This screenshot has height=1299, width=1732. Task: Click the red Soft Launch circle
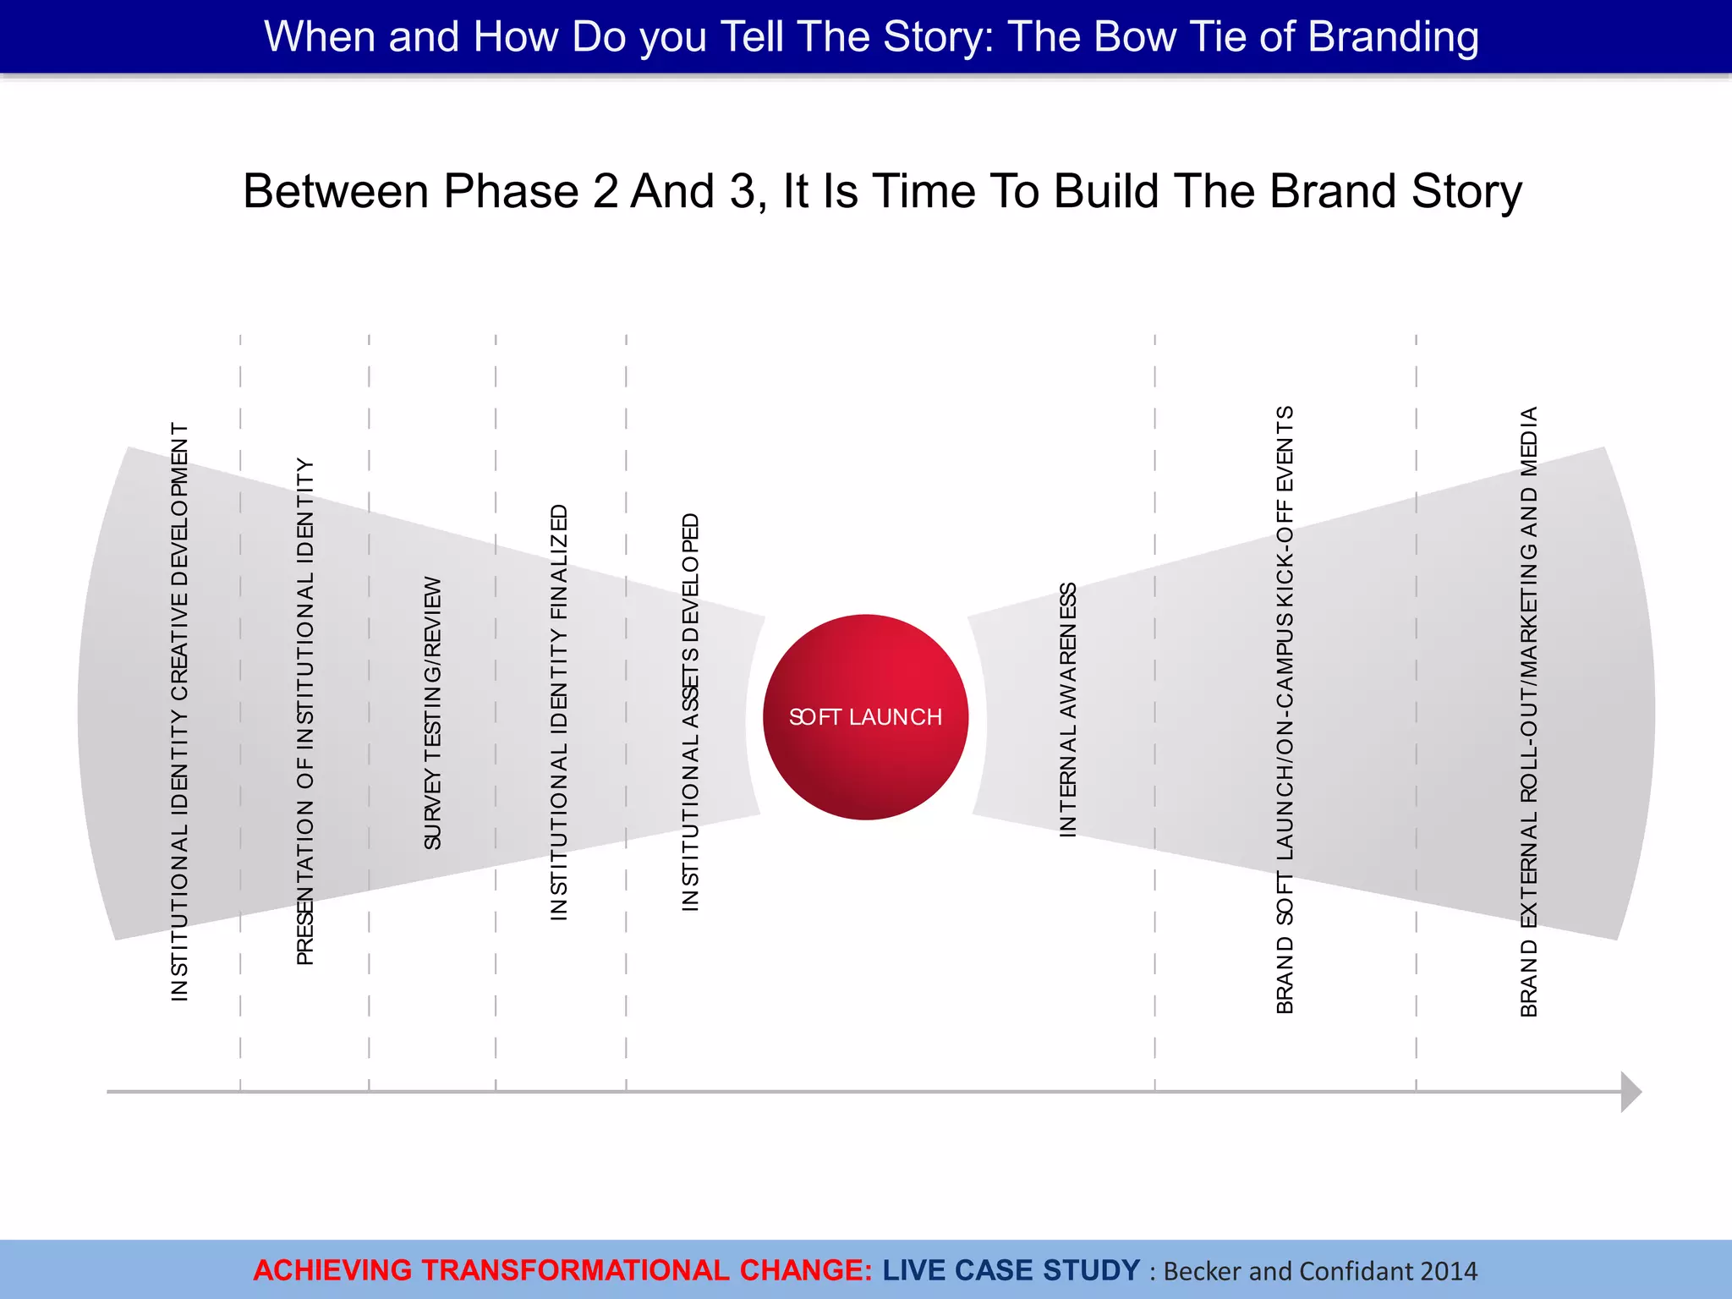865,716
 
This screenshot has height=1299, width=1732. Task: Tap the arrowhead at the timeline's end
1631,1092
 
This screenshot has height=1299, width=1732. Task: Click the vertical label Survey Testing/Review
432,713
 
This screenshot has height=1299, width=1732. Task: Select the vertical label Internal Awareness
1068,710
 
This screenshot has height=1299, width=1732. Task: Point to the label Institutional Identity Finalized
559,712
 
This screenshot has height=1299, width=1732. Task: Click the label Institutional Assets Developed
691,712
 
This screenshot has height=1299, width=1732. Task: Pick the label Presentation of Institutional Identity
305,712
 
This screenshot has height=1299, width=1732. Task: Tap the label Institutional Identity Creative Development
179,712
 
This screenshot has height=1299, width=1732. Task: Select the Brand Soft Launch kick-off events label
1285,710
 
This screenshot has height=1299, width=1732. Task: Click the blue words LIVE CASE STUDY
1011,1270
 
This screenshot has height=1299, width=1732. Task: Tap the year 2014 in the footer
1449,1271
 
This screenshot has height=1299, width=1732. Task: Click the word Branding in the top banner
1394,37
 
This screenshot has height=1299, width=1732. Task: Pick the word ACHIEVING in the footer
332,1270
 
